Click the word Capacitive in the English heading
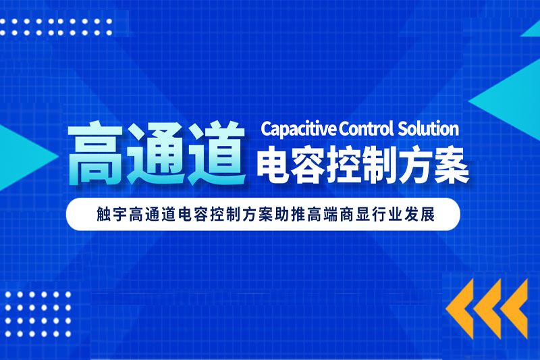point(298,129)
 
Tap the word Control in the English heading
point(366,128)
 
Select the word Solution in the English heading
point(429,128)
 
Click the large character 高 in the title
point(94,153)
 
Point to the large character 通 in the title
point(157,153)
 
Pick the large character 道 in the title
point(217,153)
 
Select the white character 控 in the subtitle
point(345,165)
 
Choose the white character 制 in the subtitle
point(380,165)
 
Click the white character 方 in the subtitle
point(416,165)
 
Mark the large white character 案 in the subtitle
point(452,165)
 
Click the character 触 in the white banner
point(104,214)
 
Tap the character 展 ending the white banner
point(427,214)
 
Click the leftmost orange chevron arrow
point(460,309)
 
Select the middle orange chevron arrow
point(487,309)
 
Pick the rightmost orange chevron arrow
point(514,309)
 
